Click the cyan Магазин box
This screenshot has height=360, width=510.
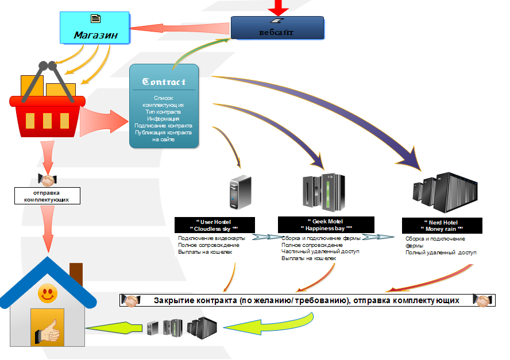pos(95,28)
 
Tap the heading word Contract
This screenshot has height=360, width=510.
pos(164,82)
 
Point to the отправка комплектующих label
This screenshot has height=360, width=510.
pos(47,196)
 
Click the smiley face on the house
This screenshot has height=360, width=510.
pos(47,296)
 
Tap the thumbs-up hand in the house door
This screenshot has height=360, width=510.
pos(48,331)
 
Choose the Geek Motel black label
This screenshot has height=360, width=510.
pos(326,224)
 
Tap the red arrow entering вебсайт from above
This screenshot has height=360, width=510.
pos(279,7)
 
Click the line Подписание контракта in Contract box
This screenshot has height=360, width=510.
pos(164,125)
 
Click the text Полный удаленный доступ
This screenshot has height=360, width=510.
pos(441,253)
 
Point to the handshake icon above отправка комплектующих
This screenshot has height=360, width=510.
pos(46,179)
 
